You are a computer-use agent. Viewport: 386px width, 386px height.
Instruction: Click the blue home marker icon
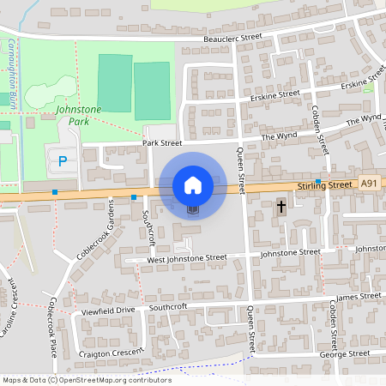tap(193, 185)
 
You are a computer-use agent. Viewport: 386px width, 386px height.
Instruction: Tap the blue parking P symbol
tap(60, 160)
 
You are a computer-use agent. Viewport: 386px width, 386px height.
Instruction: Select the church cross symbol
tap(280, 207)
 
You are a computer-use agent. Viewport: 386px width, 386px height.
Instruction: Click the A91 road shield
tap(369, 183)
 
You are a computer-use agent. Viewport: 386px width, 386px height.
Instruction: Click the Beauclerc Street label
tap(232, 39)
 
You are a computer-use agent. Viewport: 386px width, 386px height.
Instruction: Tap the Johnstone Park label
tap(78, 115)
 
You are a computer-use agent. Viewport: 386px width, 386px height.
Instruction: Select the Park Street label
tap(163, 142)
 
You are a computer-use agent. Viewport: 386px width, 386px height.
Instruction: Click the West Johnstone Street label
tap(186, 257)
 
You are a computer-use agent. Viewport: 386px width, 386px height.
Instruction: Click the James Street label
tap(359, 297)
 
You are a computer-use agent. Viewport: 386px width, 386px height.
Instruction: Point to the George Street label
tap(344, 353)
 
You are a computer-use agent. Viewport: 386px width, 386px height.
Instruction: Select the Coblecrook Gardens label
tap(95, 231)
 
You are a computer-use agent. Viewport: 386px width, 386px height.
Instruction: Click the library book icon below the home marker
tap(192, 208)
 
